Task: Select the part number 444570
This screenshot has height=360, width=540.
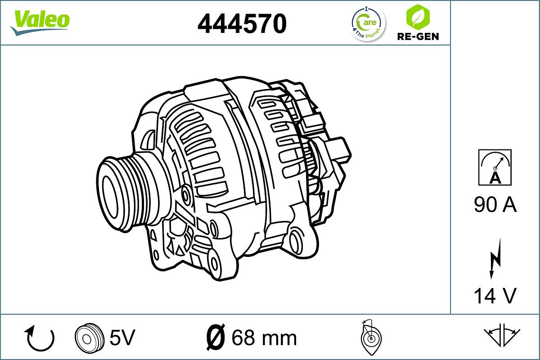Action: tap(242, 23)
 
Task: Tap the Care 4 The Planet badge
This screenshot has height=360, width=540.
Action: tap(368, 24)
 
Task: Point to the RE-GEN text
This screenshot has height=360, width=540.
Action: tap(418, 36)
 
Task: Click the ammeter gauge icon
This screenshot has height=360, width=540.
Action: tap(495, 167)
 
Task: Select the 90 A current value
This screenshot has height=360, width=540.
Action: tap(495, 205)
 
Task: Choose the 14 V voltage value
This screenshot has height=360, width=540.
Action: tap(495, 296)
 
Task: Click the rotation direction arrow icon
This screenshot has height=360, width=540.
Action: tap(40, 338)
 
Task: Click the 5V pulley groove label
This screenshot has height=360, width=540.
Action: tap(122, 337)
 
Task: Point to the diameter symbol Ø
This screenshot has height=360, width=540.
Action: tap(216, 337)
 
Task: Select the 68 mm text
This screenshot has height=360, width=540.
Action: tap(264, 337)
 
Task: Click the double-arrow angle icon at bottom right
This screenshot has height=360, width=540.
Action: tap(502, 335)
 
